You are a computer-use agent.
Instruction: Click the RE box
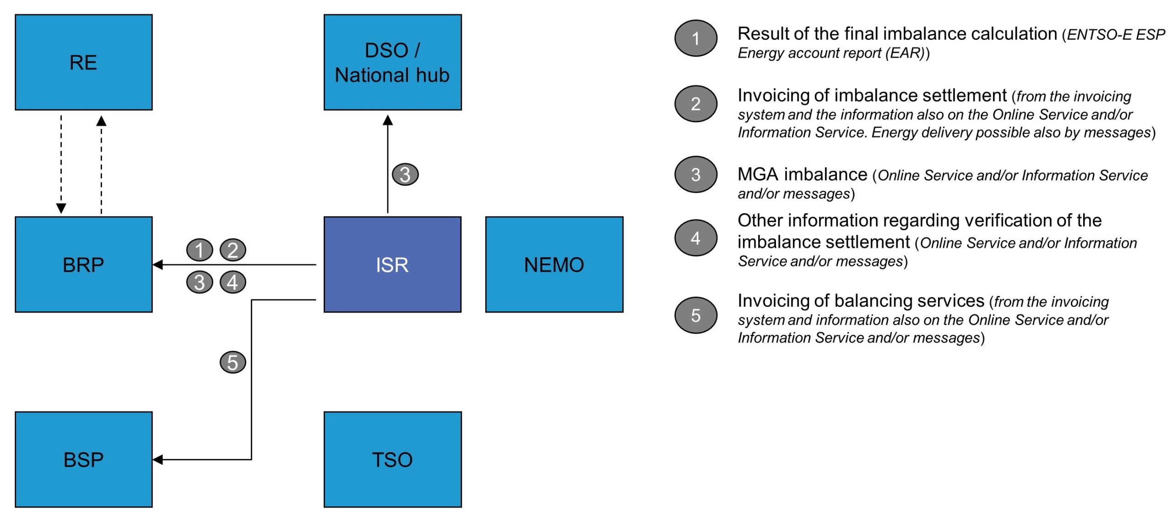[x=84, y=62]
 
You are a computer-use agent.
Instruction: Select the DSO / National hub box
[x=392, y=62]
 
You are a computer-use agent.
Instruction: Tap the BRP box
[x=84, y=265]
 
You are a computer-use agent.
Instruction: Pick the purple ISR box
[x=392, y=265]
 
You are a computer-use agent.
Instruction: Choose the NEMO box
[x=554, y=265]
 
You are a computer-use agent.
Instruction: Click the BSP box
[x=84, y=460]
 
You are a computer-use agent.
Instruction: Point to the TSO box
[x=392, y=460]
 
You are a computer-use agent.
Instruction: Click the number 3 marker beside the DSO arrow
[x=405, y=174]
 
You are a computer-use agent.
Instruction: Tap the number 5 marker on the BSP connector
[x=233, y=362]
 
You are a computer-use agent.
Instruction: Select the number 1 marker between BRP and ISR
[x=200, y=250]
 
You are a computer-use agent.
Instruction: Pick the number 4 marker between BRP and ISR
[x=233, y=282]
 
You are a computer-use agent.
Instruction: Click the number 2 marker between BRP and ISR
[x=233, y=250]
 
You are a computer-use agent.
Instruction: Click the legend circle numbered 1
[x=695, y=38]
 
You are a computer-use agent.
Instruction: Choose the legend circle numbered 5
[x=695, y=315]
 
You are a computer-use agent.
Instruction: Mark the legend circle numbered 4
[x=695, y=238]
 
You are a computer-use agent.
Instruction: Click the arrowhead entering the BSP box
[x=158, y=460]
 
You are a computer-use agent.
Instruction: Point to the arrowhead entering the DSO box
[x=388, y=120]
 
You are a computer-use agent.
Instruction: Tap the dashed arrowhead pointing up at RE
[x=102, y=121]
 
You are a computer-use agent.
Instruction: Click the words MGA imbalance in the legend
[x=803, y=174]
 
